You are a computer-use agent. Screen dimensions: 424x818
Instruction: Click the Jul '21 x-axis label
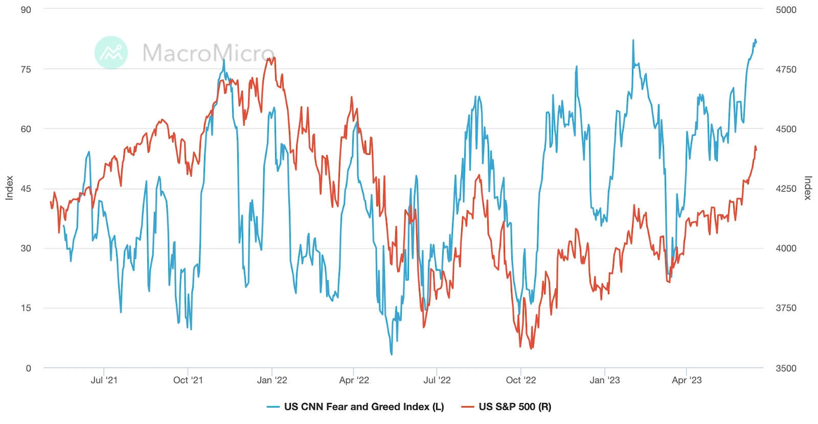click(104, 380)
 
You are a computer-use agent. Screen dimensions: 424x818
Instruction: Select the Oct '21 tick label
click(188, 380)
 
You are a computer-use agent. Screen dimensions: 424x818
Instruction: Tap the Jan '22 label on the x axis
click(272, 380)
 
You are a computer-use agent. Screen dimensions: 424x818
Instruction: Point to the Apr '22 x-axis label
click(354, 380)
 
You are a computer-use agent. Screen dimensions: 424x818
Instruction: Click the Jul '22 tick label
click(437, 380)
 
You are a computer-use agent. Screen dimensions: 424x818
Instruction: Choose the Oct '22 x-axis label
click(520, 380)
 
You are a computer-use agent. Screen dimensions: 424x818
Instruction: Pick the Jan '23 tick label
click(604, 380)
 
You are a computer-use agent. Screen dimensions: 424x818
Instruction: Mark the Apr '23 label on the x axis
click(687, 380)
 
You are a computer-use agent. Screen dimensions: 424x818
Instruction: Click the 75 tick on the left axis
click(26, 69)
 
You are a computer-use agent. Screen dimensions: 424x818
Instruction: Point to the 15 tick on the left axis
click(26, 308)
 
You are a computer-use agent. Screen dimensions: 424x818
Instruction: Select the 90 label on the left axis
click(26, 10)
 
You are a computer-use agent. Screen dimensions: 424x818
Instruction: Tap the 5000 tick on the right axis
click(786, 10)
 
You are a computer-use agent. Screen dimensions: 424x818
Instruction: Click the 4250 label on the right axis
click(786, 189)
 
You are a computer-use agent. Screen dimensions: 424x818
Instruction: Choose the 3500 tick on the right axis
click(786, 368)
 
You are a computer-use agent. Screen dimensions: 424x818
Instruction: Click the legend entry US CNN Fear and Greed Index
click(363, 407)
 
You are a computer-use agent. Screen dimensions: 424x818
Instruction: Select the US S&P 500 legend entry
click(514, 407)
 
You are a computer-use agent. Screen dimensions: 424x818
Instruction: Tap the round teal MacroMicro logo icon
click(111, 52)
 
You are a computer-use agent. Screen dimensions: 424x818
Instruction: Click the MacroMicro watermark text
click(208, 53)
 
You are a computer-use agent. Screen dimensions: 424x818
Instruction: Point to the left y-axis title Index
click(9, 188)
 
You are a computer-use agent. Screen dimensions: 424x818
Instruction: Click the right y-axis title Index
click(808, 188)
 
